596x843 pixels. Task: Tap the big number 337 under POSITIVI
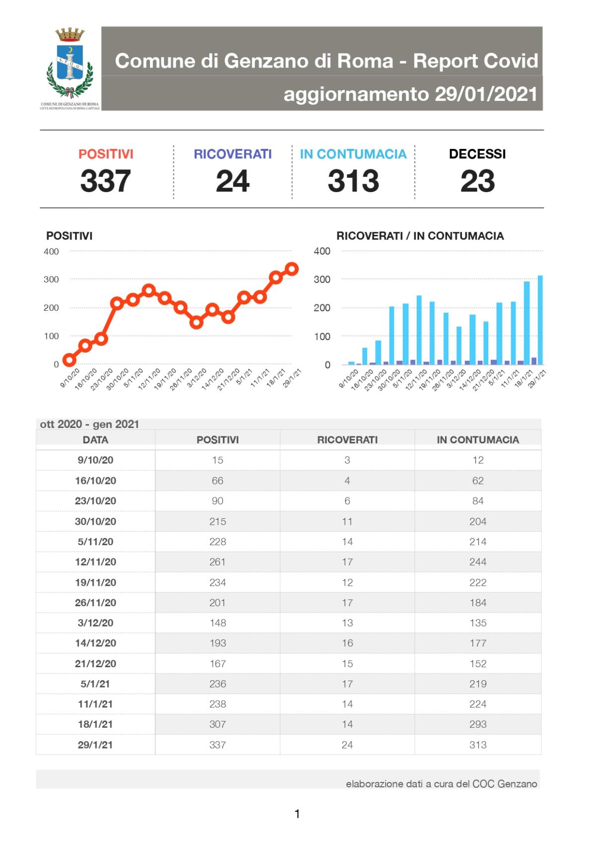click(x=105, y=181)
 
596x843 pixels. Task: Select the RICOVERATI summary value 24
click(x=232, y=181)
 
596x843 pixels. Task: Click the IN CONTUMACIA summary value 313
click(x=353, y=181)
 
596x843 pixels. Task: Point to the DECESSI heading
click(x=477, y=154)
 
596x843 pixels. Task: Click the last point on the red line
click(x=292, y=269)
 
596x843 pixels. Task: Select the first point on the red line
click(x=69, y=360)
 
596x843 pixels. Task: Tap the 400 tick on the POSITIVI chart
click(x=51, y=251)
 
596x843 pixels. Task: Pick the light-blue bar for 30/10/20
click(x=392, y=335)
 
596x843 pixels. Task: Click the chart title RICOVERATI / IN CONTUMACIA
click(x=420, y=236)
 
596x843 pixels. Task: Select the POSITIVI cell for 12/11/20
click(x=218, y=562)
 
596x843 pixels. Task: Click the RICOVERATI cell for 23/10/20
click(x=347, y=501)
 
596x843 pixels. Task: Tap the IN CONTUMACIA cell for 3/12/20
click(x=478, y=623)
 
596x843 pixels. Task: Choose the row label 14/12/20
click(x=95, y=643)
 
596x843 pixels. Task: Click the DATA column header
click(x=95, y=440)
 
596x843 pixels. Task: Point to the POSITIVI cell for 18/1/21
click(x=218, y=724)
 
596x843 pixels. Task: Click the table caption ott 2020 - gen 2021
click(x=89, y=424)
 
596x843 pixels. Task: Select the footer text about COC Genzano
click(x=441, y=784)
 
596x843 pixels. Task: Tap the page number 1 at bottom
click(x=297, y=814)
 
